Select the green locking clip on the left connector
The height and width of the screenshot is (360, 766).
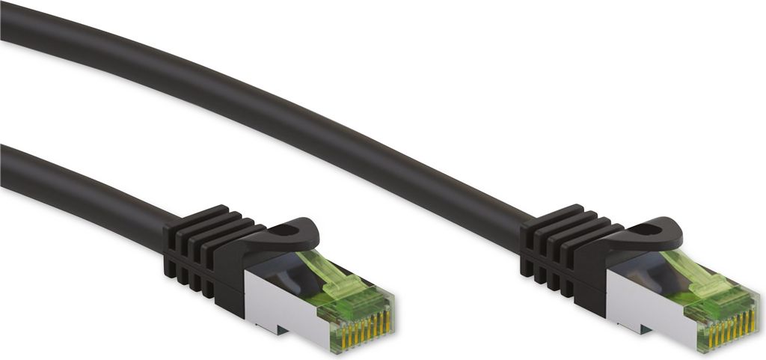pyautogui.click(x=333, y=277)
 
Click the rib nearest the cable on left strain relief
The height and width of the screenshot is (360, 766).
pyautogui.click(x=171, y=240)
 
